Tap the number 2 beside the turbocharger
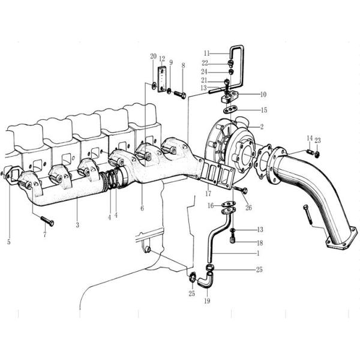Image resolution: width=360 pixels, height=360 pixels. click(262, 127)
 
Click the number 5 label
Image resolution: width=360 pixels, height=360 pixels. click(9, 242)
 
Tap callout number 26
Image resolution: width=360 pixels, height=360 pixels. click(248, 208)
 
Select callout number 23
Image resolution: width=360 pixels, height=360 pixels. click(318, 140)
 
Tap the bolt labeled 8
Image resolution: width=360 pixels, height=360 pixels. click(179, 94)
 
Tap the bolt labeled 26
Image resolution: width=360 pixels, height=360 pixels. click(241, 191)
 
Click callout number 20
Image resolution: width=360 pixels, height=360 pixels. click(153, 56)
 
